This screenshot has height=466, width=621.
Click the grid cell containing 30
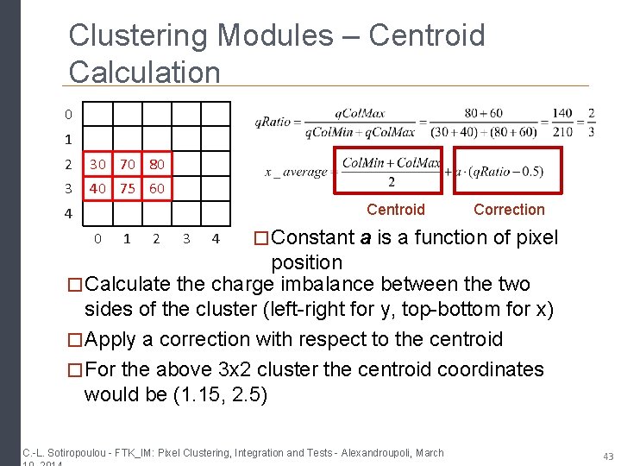97,163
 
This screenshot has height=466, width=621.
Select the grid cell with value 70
128,163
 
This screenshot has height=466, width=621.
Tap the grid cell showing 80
156,163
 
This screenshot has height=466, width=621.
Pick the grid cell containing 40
97,187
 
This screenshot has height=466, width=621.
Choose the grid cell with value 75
128,187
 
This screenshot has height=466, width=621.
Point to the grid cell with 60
156,187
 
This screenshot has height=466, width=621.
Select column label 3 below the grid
185,238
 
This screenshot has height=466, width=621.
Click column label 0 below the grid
97,238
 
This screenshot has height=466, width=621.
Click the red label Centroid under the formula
395,210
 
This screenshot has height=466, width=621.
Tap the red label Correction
509,210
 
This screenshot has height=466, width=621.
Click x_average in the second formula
296,172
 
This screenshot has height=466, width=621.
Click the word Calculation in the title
145,72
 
